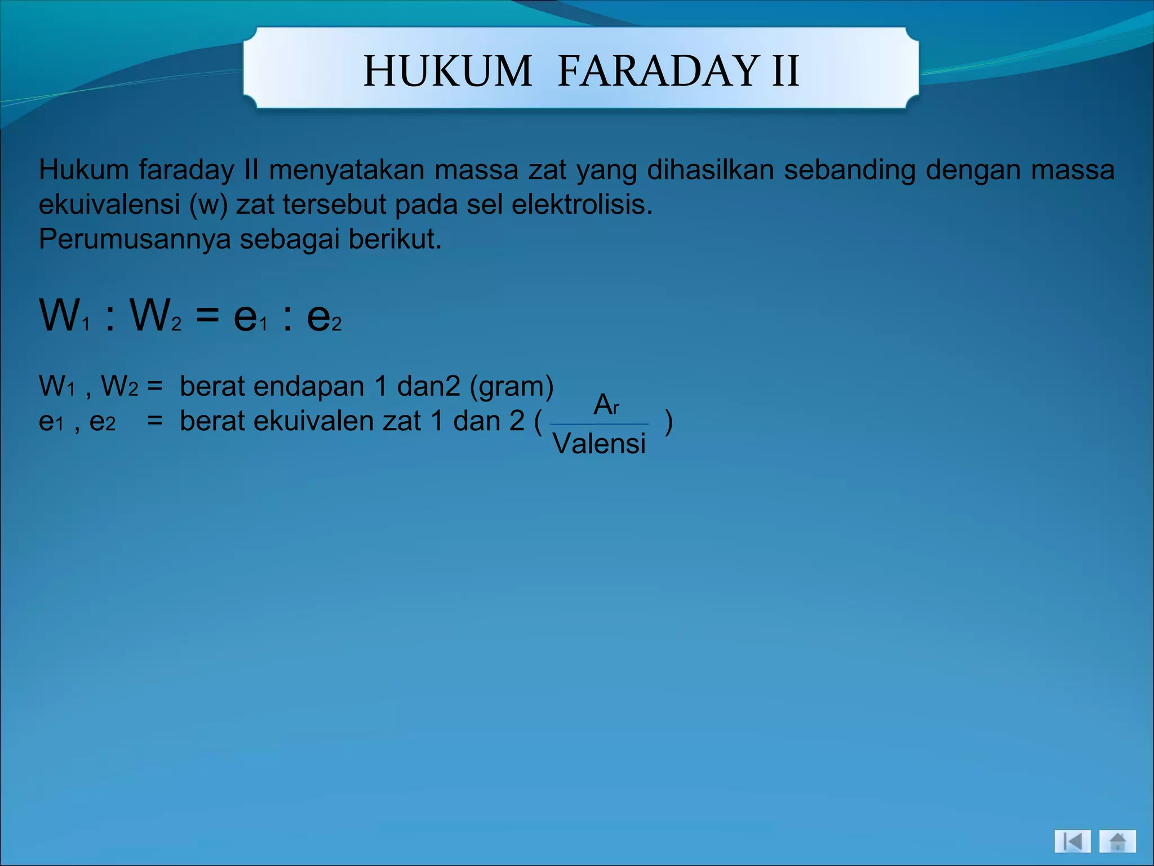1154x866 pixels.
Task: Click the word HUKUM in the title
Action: point(447,71)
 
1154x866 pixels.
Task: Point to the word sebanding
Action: point(850,170)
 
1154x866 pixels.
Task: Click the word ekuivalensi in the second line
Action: point(109,204)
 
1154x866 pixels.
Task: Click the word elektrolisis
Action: point(582,204)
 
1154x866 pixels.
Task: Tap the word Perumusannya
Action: point(135,240)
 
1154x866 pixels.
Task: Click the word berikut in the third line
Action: point(394,239)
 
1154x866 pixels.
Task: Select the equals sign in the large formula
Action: point(207,316)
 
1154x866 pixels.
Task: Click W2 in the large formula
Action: point(154,316)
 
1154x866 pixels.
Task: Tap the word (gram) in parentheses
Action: point(512,387)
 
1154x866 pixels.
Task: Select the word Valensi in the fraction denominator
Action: point(599,444)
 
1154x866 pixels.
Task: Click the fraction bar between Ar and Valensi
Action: point(599,424)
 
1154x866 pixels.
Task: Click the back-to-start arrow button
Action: point(1072,842)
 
